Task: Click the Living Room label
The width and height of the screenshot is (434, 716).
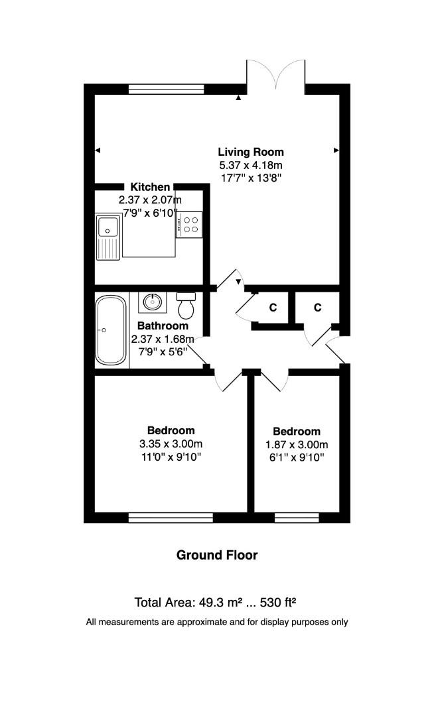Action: [x=251, y=152]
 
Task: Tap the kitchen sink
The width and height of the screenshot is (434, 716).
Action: [x=108, y=236]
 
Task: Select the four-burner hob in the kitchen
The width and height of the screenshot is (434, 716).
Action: [x=189, y=224]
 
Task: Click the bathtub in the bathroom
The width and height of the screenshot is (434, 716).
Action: [x=111, y=330]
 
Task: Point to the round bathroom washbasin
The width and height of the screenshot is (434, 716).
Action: [x=152, y=302]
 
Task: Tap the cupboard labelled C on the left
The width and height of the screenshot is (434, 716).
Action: [x=272, y=308]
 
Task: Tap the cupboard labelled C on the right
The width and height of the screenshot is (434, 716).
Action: [x=317, y=308]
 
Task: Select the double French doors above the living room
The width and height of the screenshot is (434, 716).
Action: [x=276, y=74]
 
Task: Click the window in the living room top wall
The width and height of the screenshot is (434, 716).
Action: [x=166, y=89]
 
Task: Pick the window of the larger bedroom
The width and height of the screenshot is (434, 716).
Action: [x=171, y=517]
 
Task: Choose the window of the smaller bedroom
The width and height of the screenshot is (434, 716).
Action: [x=297, y=517]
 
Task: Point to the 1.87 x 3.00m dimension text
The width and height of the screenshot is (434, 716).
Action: [x=296, y=444]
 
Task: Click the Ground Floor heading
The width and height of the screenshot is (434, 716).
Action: [x=216, y=555]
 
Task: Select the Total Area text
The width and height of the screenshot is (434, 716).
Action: [x=215, y=603]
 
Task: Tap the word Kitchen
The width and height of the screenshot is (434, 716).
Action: [x=150, y=188]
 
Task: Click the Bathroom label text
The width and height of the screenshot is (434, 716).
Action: [x=163, y=326]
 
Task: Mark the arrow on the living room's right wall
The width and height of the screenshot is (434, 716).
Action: [x=336, y=151]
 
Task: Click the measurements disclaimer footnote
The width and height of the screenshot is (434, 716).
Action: [x=216, y=622]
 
